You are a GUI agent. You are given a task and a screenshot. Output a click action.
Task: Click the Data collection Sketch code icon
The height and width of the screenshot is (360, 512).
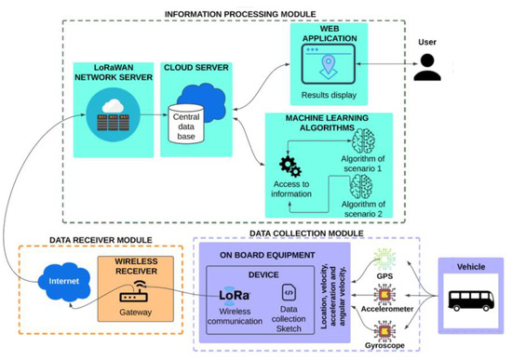tap(288, 294)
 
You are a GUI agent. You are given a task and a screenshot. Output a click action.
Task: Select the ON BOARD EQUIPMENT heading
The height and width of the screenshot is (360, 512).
tap(263, 254)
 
